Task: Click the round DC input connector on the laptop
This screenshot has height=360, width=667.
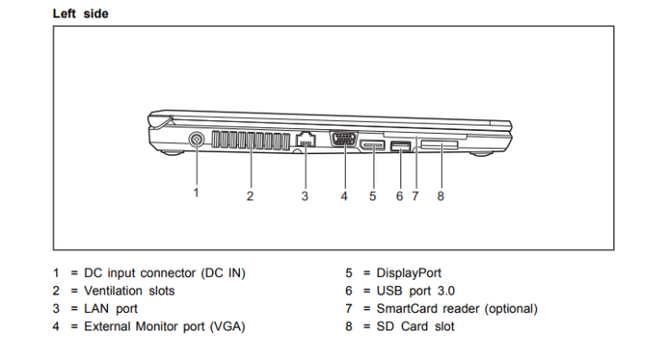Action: (x=197, y=139)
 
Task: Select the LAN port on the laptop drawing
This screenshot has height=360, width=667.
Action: (x=305, y=139)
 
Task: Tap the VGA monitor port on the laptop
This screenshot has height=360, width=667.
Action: (x=344, y=138)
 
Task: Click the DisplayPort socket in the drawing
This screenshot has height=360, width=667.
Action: (x=373, y=145)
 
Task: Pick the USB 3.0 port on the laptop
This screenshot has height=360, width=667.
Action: (x=399, y=147)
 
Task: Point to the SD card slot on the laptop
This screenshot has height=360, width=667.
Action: (x=439, y=146)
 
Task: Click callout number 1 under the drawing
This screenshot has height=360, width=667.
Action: (x=197, y=193)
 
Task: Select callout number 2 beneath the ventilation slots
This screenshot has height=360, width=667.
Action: (x=250, y=197)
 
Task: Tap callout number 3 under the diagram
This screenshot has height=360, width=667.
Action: (x=304, y=197)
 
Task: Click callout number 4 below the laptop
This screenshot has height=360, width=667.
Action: (x=344, y=197)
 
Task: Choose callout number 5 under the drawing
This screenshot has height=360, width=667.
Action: (x=373, y=197)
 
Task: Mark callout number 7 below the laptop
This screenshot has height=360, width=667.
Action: (x=415, y=197)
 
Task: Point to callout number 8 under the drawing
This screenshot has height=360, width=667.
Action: (x=441, y=197)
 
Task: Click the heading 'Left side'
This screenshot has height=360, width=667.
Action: (x=80, y=14)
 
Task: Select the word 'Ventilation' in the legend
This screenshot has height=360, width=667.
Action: (x=113, y=291)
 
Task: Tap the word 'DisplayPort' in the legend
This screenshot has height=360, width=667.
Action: (x=409, y=272)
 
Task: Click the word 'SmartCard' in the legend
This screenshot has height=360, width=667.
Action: (x=407, y=308)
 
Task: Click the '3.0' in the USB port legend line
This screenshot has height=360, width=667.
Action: (x=447, y=291)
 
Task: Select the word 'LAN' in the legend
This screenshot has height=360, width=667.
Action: (x=97, y=308)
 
